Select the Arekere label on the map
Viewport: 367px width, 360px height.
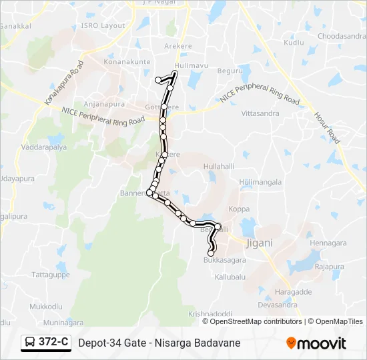click(x=177, y=46)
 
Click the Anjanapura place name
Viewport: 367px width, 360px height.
click(x=101, y=104)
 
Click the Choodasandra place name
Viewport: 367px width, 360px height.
click(x=340, y=36)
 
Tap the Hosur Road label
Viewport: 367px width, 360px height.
click(x=328, y=127)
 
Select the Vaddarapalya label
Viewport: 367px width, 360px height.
click(x=44, y=147)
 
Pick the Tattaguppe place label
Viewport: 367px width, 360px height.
click(x=51, y=274)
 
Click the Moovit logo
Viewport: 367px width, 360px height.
click(x=316, y=343)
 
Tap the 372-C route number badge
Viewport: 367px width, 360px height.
click(x=53, y=342)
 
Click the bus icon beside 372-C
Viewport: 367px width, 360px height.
click(x=30, y=343)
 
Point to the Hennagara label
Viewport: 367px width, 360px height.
click(x=328, y=243)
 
